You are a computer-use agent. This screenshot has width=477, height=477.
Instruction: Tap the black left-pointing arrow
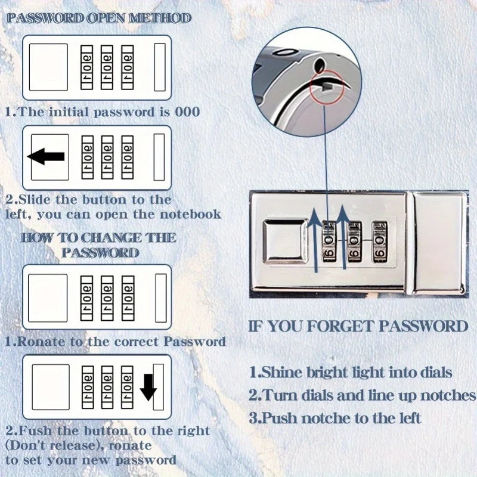47,157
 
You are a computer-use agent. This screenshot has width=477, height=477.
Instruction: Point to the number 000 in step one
187,111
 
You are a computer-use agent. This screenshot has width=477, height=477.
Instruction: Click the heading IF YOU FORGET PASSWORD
358,326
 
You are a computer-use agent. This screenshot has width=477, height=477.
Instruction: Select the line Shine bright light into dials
351,373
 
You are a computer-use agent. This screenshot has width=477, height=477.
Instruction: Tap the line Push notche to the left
335,418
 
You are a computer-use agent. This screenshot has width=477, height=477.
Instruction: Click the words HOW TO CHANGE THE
98,237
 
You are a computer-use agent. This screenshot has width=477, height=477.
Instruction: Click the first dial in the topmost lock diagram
87,67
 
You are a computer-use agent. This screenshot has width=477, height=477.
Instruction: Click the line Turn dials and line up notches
362,395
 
